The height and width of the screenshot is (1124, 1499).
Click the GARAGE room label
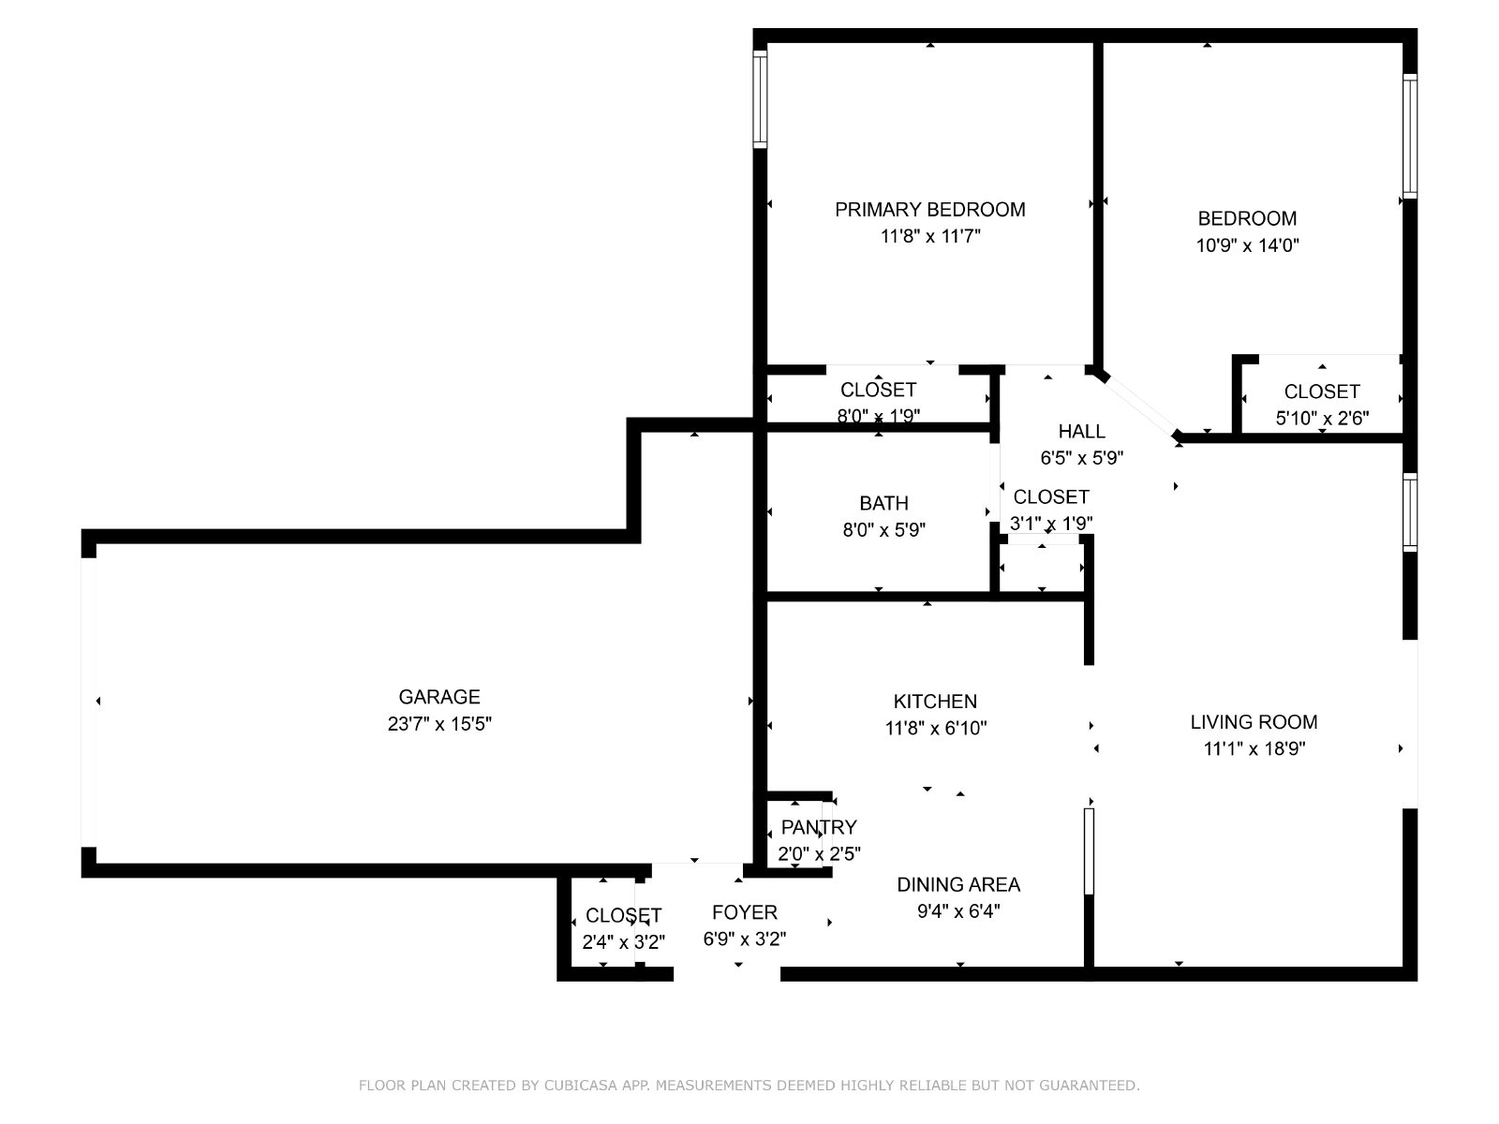click(439, 697)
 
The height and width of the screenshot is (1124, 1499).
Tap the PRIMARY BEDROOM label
click(930, 210)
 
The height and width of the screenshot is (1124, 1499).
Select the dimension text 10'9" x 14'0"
click(1247, 245)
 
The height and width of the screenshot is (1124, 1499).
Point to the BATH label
click(883, 503)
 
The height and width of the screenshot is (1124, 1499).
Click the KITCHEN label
click(935, 701)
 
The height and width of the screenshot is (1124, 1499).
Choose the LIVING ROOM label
click(1254, 721)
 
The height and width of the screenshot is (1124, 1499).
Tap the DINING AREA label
click(958, 884)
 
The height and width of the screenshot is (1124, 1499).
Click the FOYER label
click(745, 912)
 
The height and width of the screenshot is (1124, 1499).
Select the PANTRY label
click(818, 827)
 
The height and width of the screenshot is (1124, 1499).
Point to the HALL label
click(1082, 431)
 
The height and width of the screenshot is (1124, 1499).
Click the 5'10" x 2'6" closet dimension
click(1322, 418)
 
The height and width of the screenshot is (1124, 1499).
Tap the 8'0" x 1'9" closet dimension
click(878, 416)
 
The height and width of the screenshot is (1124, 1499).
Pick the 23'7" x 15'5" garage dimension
click(439, 723)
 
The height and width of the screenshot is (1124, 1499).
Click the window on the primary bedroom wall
click(760, 99)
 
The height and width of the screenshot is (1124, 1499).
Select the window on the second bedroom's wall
click(1410, 137)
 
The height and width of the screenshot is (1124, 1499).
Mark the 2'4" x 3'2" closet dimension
click(624, 942)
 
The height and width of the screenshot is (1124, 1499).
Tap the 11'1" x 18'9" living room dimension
click(1254, 748)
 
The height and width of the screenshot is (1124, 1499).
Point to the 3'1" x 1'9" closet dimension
click(1051, 524)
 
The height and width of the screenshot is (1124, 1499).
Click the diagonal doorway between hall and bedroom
click(1139, 406)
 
